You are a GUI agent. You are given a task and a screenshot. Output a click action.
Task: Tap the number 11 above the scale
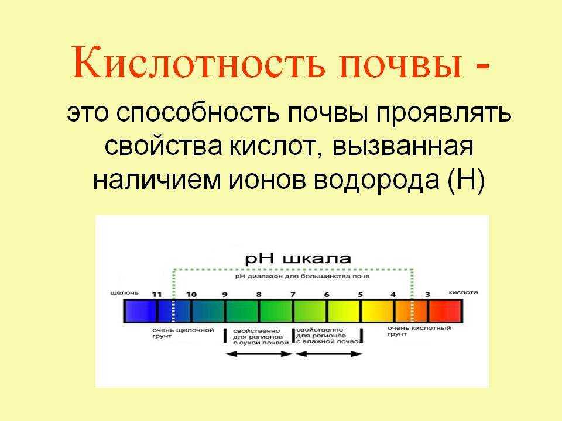click(156, 294)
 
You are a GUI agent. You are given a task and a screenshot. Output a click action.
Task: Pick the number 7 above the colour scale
click(293, 294)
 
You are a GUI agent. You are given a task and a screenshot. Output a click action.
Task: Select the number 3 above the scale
click(427, 294)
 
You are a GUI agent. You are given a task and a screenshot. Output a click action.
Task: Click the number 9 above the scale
click(225, 294)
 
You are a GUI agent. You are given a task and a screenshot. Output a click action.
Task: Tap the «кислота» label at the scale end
click(463, 292)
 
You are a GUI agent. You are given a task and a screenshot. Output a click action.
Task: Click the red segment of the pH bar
click(446, 310)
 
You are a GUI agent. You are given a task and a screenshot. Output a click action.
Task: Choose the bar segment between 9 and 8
click(242, 310)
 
